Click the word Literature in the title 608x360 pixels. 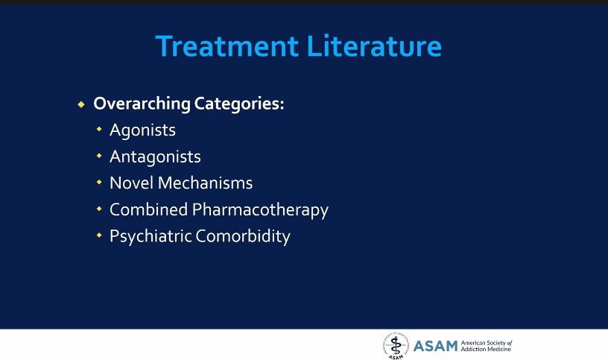[373, 46]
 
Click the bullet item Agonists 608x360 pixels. [142, 130]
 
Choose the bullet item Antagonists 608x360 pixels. [155, 157]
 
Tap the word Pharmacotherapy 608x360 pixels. [260, 210]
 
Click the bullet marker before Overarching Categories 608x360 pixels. [82, 104]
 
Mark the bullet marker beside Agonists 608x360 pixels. [99, 130]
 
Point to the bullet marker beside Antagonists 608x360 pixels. [99, 157]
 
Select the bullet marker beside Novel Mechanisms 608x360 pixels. [99, 183]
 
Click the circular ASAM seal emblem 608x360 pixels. [396, 345]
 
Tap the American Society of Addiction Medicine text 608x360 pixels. [487, 346]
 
